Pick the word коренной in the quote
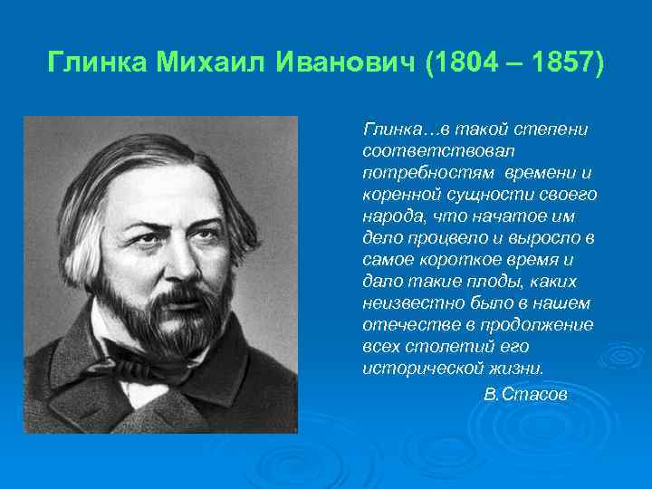click(x=399, y=194)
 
